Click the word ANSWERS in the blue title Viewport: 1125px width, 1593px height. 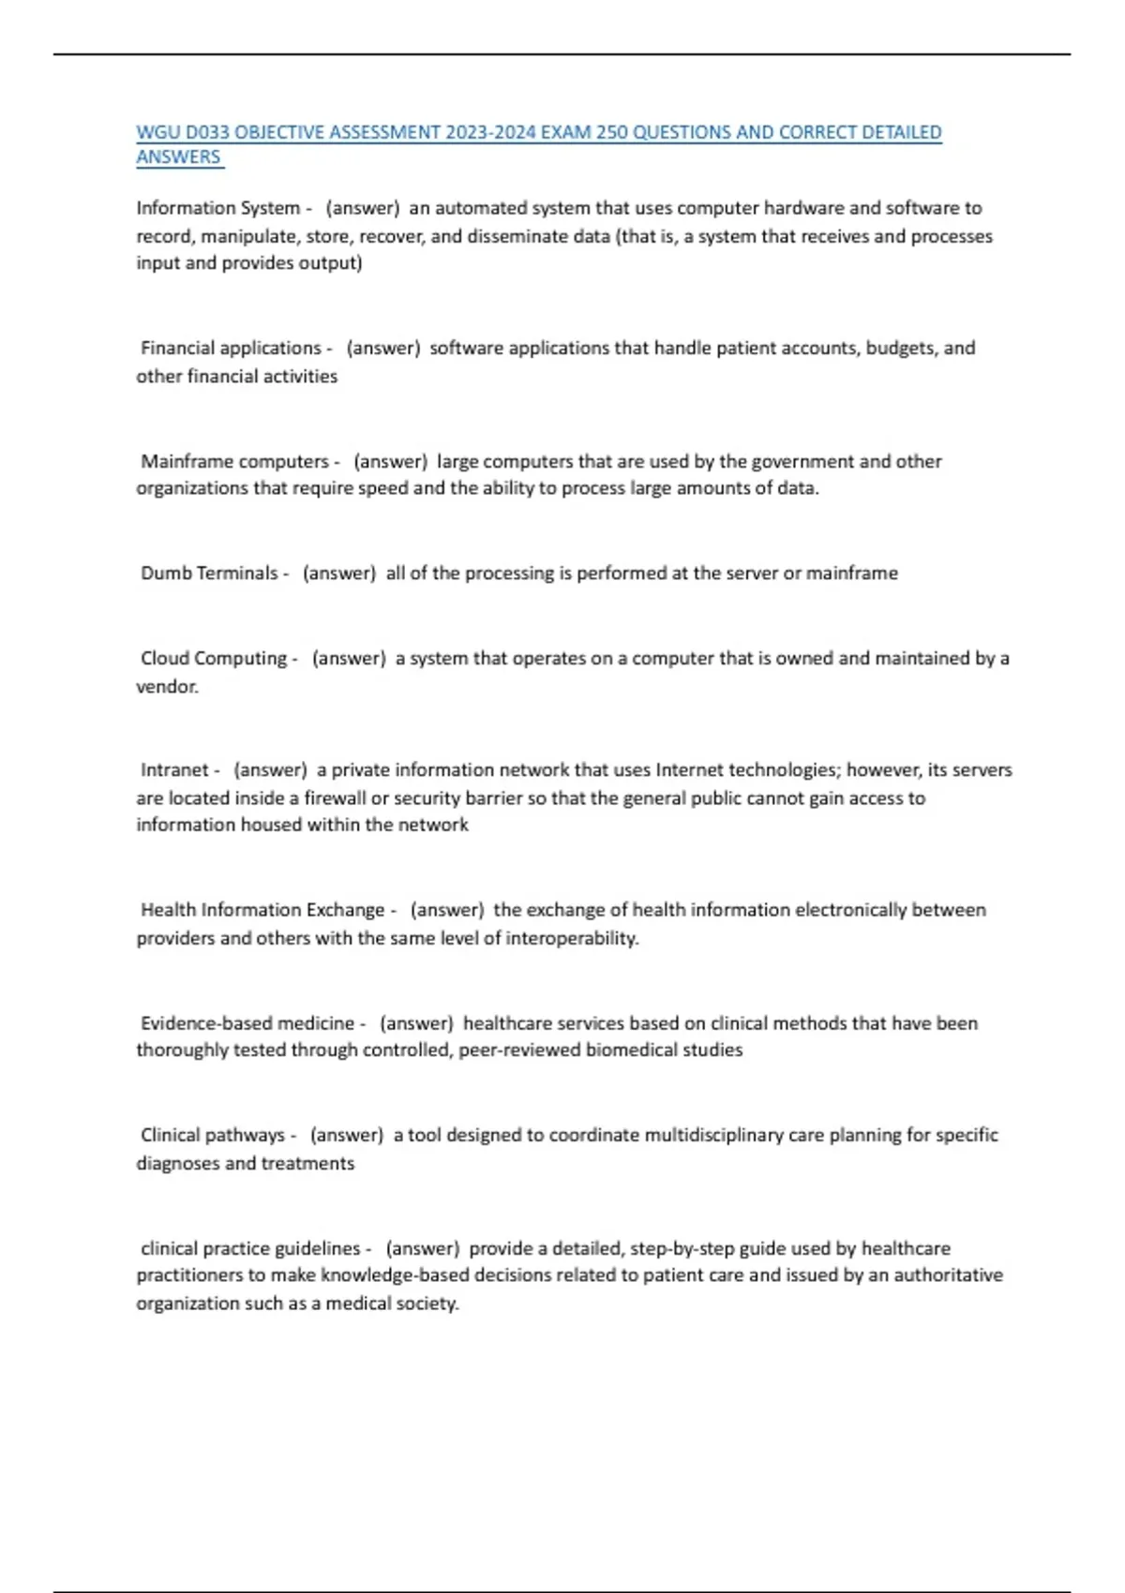pos(178,157)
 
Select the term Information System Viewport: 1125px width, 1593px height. pos(217,208)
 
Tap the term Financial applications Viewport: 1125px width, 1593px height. pos(231,349)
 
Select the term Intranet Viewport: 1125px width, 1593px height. pos(174,770)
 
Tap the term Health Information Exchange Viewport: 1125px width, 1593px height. pos(262,910)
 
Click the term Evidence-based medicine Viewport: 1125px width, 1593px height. pos(247,1023)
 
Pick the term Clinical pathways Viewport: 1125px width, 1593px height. pos(213,1136)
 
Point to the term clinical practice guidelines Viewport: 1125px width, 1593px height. pos(250,1249)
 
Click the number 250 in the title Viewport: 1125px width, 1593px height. pos(612,133)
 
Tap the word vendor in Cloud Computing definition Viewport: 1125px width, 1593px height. pos(166,687)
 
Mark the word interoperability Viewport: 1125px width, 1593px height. pos(571,938)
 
